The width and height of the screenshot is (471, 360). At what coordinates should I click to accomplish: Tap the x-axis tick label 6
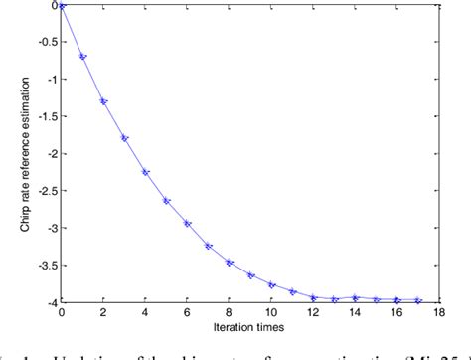click(x=188, y=312)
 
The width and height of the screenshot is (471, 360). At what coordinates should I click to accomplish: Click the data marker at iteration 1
click(x=82, y=57)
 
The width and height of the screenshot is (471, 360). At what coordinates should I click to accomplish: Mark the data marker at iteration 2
click(x=103, y=100)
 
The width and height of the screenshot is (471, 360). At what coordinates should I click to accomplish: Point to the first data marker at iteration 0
click(x=62, y=5)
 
